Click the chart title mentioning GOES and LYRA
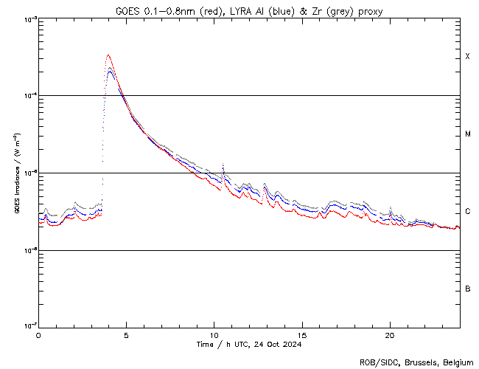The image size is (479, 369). pyautogui.click(x=249, y=10)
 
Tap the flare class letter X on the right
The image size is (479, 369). pyautogui.click(x=467, y=57)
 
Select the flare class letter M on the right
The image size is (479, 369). pyautogui.click(x=467, y=134)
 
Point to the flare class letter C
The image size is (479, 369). pyautogui.click(x=467, y=212)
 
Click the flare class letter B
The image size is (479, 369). pyautogui.click(x=467, y=289)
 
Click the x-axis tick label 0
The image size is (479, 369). pyautogui.click(x=38, y=336)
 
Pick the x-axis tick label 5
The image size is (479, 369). pyautogui.click(x=126, y=336)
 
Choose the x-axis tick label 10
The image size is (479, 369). pyautogui.click(x=214, y=336)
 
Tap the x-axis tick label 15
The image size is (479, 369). pyautogui.click(x=301, y=336)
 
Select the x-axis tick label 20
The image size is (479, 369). pyautogui.click(x=389, y=336)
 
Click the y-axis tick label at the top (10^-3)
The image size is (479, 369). pyautogui.click(x=28, y=19)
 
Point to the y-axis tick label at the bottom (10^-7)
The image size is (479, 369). pyautogui.click(x=28, y=326)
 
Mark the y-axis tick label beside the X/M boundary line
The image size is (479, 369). pyautogui.click(x=28, y=96)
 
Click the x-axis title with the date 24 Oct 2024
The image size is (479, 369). pyautogui.click(x=249, y=345)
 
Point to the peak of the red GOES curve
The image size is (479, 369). pyautogui.click(x=108, y=55)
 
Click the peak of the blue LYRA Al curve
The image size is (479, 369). pyautogui.click(x=110, y=71)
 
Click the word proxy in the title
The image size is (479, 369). pyautogui.click(x=371, y=10)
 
